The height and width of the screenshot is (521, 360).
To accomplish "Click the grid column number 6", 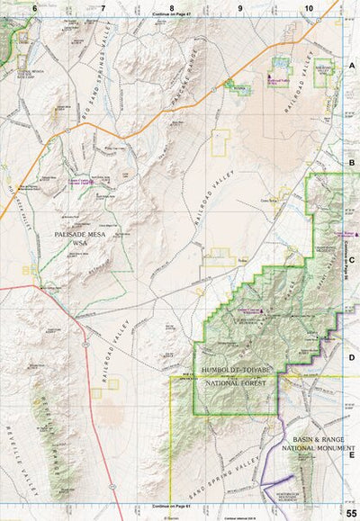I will coord(34,7).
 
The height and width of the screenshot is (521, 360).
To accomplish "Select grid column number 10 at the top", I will coord(309,7).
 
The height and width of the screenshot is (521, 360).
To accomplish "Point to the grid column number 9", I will coord(240,7).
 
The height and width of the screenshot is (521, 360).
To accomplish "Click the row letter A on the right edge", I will coord(352,67).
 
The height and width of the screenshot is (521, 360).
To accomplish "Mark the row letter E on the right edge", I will coord(352,454).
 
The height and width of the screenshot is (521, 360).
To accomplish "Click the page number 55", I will coord(349,512).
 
